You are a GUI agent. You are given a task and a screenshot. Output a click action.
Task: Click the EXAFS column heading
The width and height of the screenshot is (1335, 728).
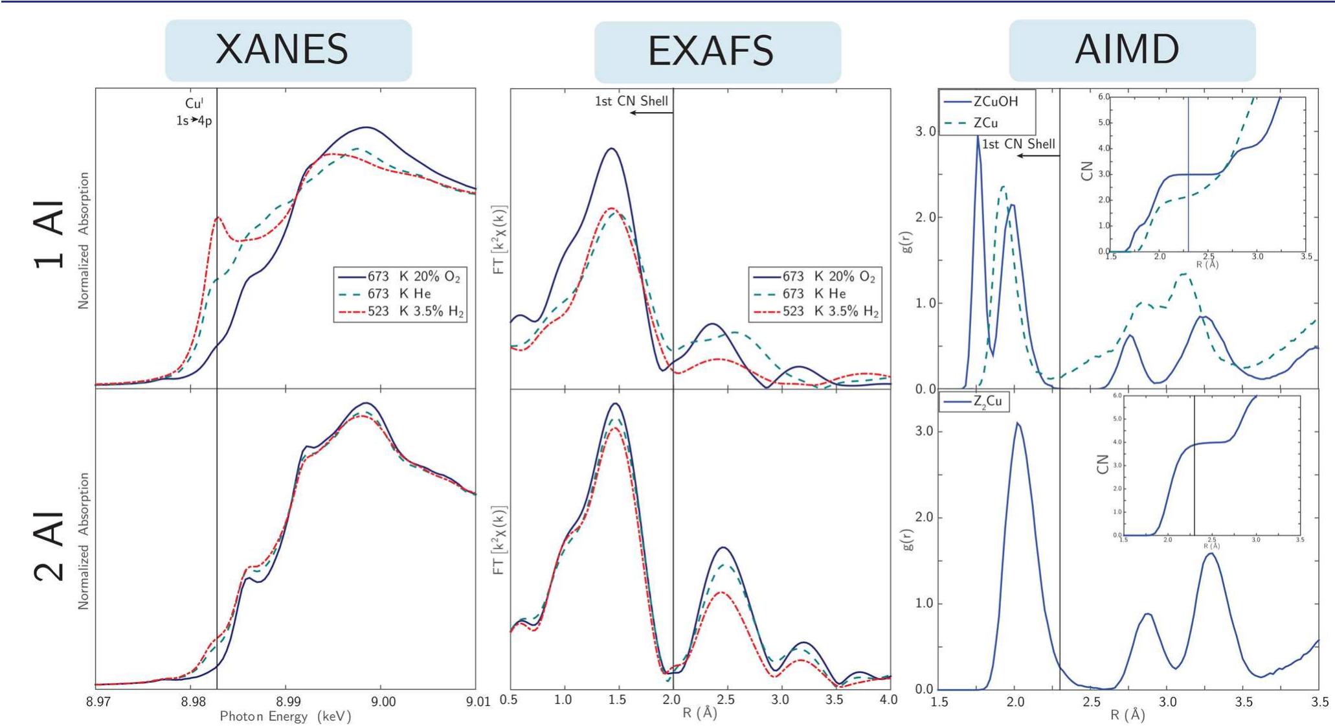point(711,51)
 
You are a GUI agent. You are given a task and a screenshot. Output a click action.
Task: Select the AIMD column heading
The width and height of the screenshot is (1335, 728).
point(1127,49)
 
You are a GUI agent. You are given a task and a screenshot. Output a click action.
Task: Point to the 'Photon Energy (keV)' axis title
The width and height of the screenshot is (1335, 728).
point(285,716)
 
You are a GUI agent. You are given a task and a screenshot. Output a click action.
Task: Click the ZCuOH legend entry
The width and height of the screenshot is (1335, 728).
point(979,102)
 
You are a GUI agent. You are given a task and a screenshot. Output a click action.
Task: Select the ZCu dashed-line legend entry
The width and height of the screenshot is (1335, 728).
point(971,123)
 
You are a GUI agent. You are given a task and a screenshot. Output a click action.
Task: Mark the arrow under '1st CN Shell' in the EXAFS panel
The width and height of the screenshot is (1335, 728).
point(651,113)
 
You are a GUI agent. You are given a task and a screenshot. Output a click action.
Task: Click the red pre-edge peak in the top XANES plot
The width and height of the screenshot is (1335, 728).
point(218,218)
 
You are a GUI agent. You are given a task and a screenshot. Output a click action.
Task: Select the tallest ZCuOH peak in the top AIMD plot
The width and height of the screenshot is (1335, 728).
point(978,137)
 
